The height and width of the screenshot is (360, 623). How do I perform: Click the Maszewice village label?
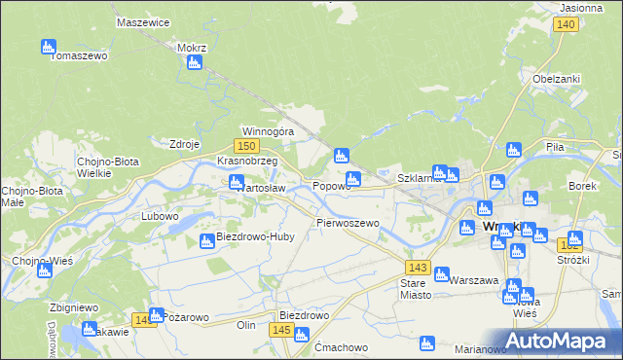[x=143, y=21]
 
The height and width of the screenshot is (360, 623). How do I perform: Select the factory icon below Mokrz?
[x=194, y=63]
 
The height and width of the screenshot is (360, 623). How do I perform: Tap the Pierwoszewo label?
[x=348, y=223]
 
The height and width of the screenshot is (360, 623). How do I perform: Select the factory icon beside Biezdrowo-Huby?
[x=207, y=241]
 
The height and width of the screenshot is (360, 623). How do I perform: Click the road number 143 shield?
[x=419, y=267]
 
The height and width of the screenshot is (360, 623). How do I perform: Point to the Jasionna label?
[x=581, y=7]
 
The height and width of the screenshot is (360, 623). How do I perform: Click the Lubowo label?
[x=161, y=216]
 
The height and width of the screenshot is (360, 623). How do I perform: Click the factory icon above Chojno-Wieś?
[x=44, y=270]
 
